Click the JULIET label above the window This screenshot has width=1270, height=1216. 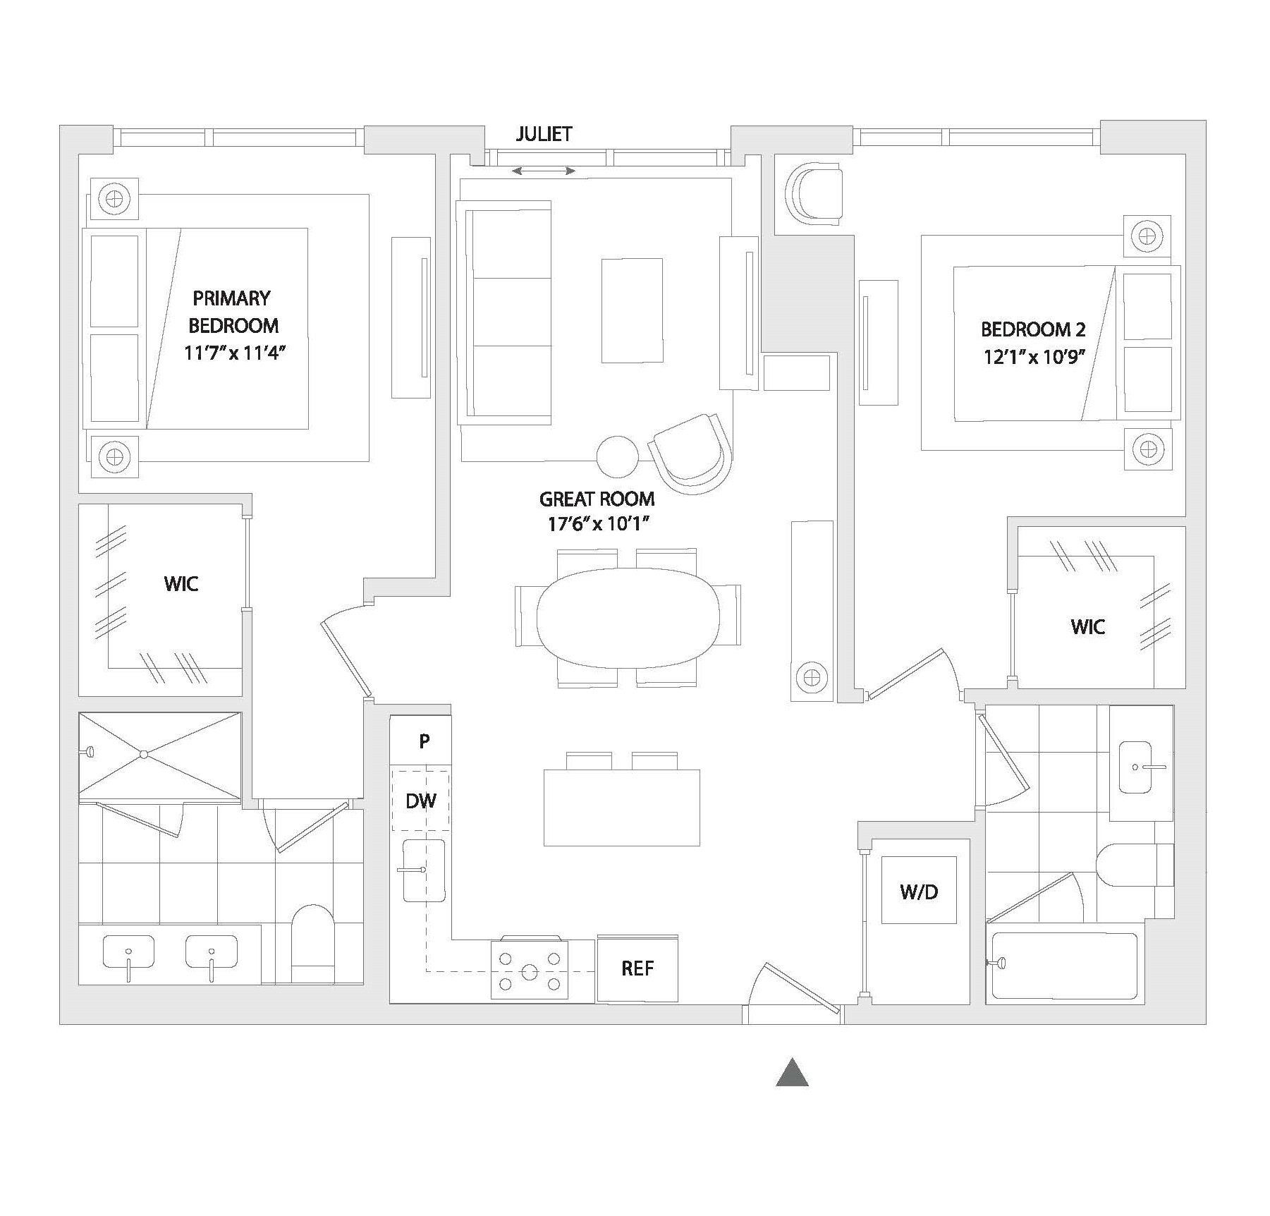(x=543, y=134)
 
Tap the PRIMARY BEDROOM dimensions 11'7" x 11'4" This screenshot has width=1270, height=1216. (x=234, y=352)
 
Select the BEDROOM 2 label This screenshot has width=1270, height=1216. (x=1033, y=329)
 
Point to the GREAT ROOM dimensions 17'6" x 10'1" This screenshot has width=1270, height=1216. (x=597, y=524)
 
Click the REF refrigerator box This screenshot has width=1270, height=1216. (x=637, y=968)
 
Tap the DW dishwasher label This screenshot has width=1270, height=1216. (x=421, y=801)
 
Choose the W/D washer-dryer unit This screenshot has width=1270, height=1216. (x=919, y=892)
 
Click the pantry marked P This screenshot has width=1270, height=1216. (x=424, y=741)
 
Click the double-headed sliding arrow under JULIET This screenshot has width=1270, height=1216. (x=543, y=171)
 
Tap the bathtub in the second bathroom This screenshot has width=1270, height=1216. (x=1064, y=966)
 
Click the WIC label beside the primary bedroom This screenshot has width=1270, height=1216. (x=181, y=583)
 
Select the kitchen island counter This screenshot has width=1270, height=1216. (x=621, y=807)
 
